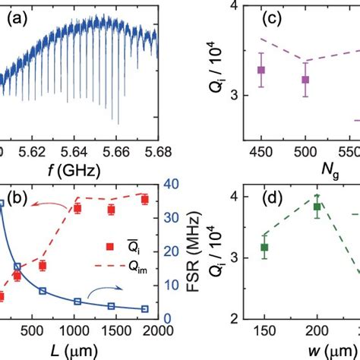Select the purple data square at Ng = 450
coord(261,70)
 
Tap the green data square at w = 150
coord(264,248)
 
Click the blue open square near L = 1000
coord(78,301)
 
